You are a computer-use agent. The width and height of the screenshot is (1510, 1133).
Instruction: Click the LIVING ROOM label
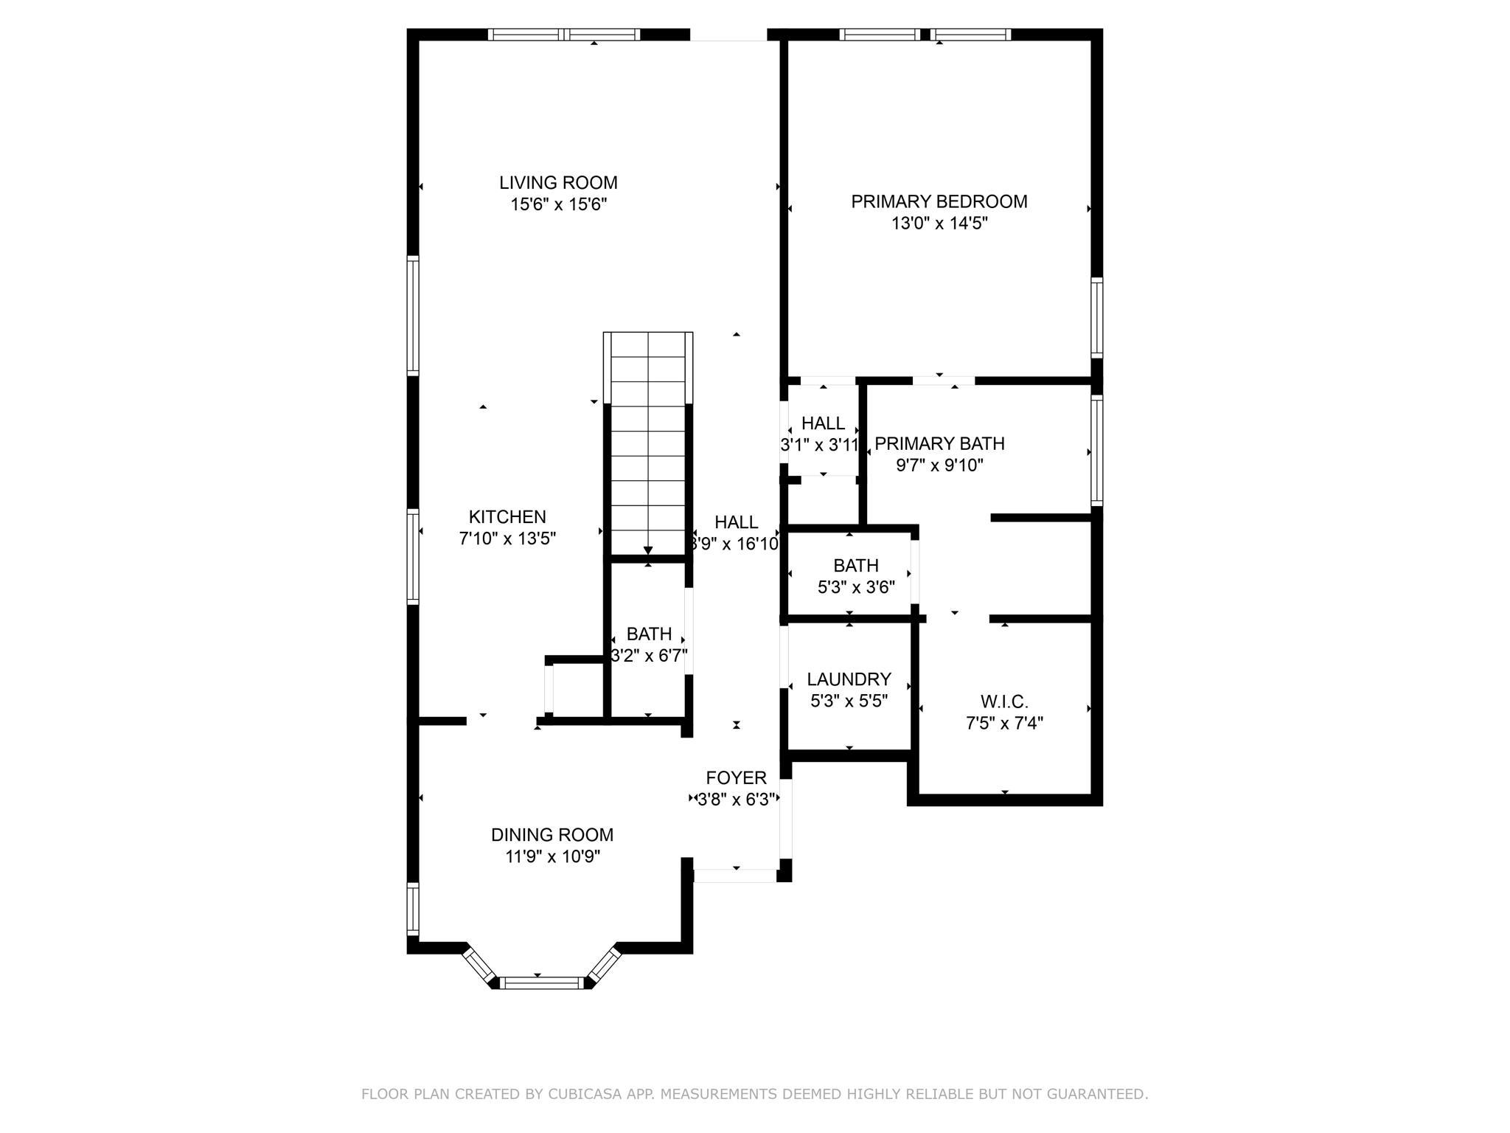558,182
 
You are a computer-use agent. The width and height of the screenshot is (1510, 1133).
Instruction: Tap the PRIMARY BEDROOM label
939,201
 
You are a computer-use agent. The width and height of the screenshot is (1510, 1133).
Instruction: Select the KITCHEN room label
507,517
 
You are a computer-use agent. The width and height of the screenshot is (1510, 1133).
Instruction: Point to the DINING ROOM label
552,835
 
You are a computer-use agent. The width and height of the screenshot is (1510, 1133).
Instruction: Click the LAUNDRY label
849,679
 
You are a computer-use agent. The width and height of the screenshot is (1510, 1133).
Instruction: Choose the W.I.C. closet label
1004,701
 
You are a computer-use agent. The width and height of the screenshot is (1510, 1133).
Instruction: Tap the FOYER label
737,777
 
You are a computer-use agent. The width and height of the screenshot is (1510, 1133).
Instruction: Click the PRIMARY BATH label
939,443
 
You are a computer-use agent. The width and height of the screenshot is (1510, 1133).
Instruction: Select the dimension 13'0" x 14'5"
939,224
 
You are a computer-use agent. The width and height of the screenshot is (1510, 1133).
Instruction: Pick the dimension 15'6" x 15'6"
558,204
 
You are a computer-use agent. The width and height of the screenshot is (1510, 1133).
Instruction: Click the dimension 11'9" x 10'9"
552,857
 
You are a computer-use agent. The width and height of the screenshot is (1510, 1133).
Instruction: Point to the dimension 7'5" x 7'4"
1004,724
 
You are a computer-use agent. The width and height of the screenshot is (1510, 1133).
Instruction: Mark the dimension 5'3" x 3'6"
856,588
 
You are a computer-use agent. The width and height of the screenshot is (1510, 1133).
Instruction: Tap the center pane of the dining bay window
542,983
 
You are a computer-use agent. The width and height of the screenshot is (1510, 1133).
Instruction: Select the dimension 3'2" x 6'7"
649,656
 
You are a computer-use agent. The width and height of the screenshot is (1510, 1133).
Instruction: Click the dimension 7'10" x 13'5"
507,539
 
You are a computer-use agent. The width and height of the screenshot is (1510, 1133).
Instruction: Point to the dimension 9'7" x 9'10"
939,465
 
